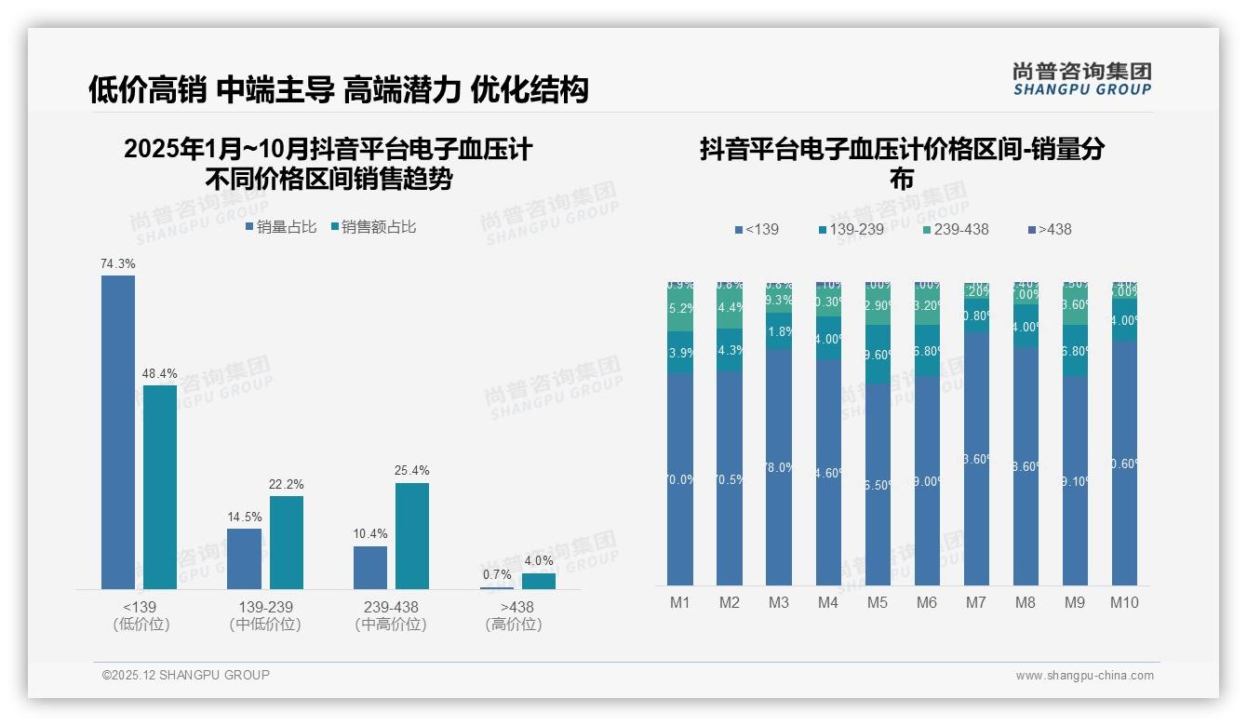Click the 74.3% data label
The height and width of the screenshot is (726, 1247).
pyautogui.click(x=118, y=264)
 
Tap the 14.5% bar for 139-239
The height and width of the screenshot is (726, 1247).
pyautogui.click(x=245, y=558)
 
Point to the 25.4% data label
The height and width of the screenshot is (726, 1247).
pyautogui.click(x=412, y=471)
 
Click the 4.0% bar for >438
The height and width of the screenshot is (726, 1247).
pyautogui.click(x=538, y=581)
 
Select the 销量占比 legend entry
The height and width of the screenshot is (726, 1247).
pyautogui.click(x=281, y=227)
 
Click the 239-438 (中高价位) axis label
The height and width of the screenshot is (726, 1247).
pyautogui.click(x=391, y=615)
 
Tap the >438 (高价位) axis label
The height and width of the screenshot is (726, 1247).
pyautogui.click(x=513, y=615)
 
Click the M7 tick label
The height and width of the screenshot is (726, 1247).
pyautogui.click(x=975, y=603)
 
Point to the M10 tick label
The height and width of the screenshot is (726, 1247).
pyautogui.click(x=1123, y=603)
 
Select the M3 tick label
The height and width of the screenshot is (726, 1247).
pyautogui.click(x=778, y=603)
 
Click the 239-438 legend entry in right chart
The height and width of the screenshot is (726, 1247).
pyautogui.click(x=956, y=230)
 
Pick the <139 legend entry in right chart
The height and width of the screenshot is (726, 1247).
pyautogui.click(x=757, y=230)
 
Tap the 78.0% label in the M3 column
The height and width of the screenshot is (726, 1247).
pyautogui.click(x=779, y=467)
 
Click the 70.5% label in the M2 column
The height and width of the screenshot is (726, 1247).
pyautogui.click(x=730, y=480)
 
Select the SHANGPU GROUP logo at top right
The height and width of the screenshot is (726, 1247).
pyautogui.click(x=1081, y=79)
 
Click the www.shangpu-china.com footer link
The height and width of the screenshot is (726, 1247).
pyautogui.click(x=1084, y=676)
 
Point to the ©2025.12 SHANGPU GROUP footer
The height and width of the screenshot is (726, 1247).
pyautogui.click(x=186, y=676)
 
